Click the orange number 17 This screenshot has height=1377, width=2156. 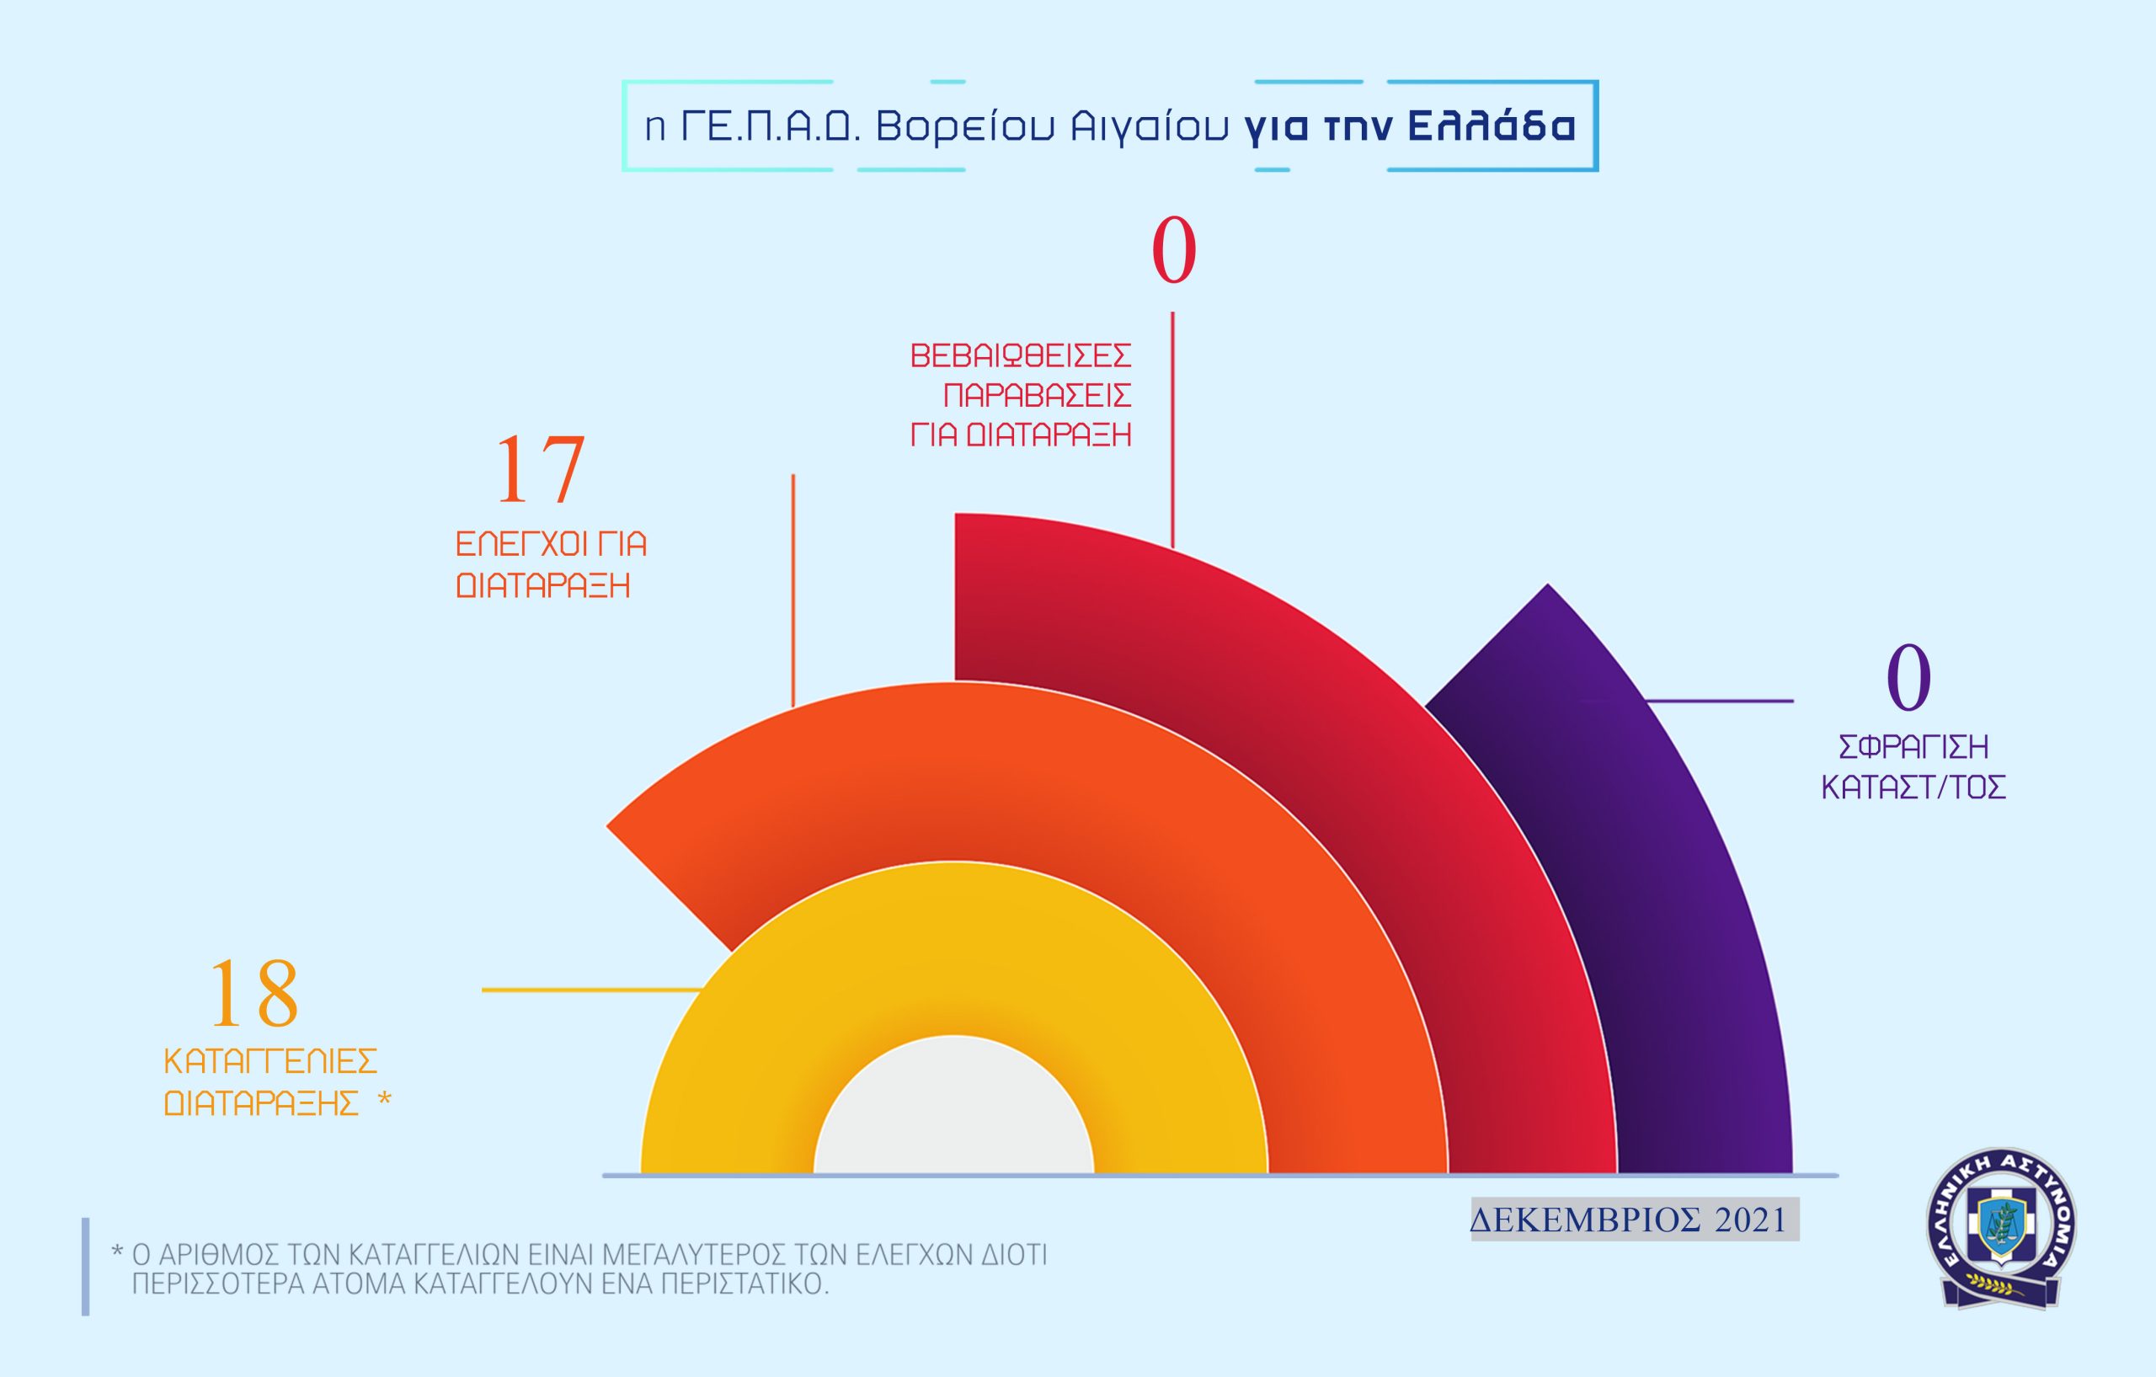coord(540,470)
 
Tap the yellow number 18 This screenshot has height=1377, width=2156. coord(253,993)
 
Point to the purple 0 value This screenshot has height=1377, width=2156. coord(1908,678)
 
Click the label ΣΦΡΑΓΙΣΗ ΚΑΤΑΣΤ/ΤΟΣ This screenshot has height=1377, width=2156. coord(1913,767)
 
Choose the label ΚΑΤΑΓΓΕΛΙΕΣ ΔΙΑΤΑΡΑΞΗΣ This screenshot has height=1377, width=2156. coord(270,1081)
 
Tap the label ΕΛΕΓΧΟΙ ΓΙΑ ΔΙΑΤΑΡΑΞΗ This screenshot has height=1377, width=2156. coord(551,565)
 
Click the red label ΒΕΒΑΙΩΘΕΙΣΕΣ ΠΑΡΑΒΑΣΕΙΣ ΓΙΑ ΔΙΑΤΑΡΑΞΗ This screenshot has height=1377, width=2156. coord(1021,395)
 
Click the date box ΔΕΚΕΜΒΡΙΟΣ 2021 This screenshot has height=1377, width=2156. coord(1634,1220)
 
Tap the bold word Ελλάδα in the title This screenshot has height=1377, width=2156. coord(1492,126)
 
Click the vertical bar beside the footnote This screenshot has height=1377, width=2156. coord(86,1266)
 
